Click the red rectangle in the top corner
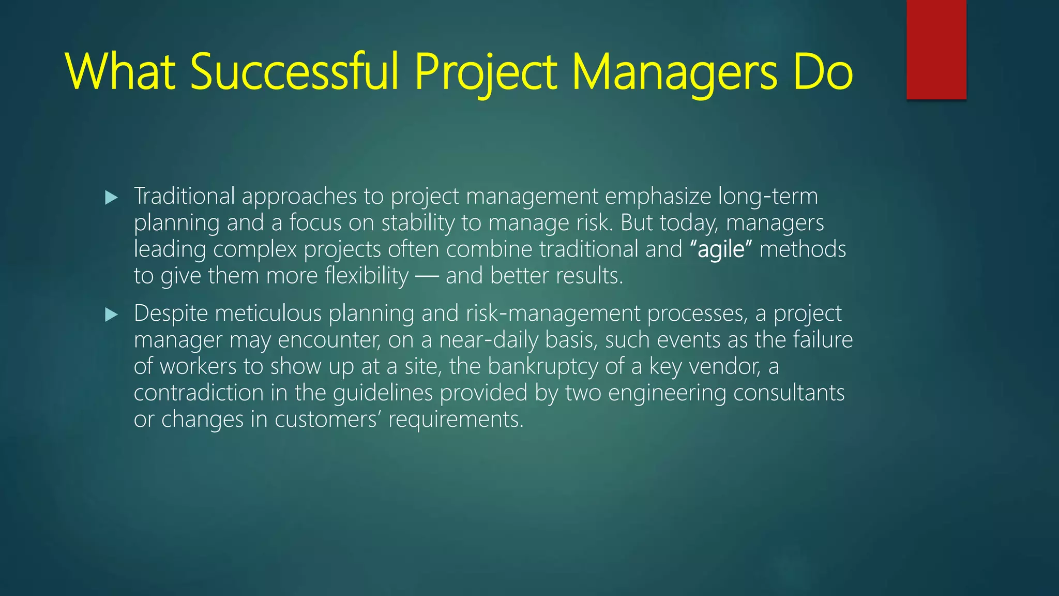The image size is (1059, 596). [x=936, y=49]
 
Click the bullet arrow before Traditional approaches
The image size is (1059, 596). [x=111, y=197]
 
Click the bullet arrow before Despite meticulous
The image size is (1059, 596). [x=111, y=315]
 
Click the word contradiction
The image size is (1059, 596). [x=199, y=393]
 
